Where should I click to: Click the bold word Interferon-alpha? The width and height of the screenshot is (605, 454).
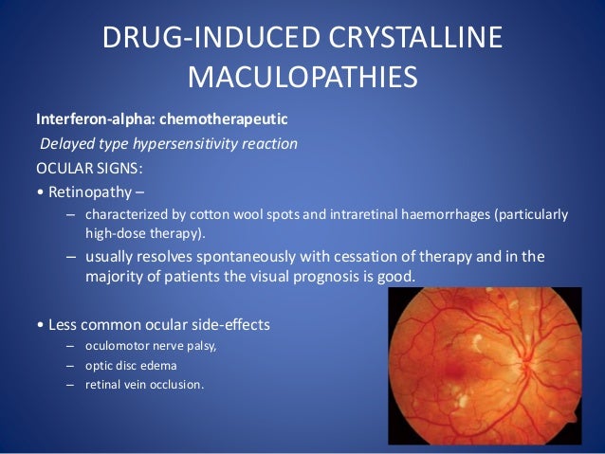[x=93, y=121]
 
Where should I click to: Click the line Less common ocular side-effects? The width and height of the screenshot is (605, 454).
[x=152, y=324]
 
